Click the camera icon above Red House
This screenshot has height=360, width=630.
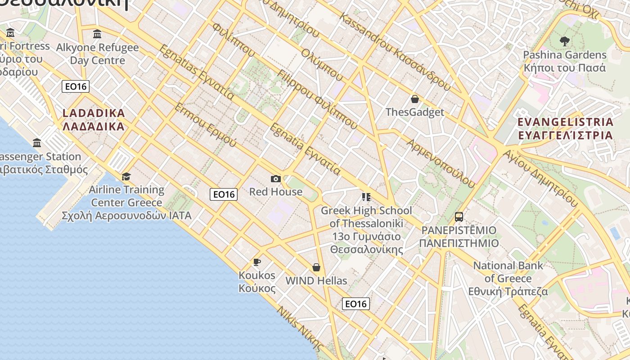pyautogui.click(x=276, y=179)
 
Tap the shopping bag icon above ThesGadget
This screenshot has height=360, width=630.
pyautogui.click(x=415, y=99)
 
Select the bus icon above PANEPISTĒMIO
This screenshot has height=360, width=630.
pyautogui.click(x=459, y=217)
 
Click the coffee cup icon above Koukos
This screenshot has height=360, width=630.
pyautogui.click(x=257, y=262)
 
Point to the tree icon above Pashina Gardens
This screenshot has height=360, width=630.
pyautogui.click(x=564, y=42)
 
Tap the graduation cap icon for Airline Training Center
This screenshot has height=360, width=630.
pyautogui.click(x=126, y=176)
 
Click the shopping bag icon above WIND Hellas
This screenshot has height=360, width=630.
pyautogui.click(x=316, y=267)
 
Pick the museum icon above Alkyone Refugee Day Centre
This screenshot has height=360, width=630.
pyautogui.click(x=97, y=34)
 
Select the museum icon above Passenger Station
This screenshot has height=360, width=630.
pyautogui.click(x=37, y=143)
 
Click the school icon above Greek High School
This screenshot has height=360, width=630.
pyautogui.click(x=366, y=197)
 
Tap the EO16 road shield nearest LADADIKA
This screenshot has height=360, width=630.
pyautogui.click(x=76, y=86)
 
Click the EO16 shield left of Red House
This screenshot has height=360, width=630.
pyautogui.click(x=224, y=194)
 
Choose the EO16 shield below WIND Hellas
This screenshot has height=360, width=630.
pyautogui.click(x=356, y=304)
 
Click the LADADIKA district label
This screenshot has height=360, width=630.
pyautogui.click(x=94, y=120)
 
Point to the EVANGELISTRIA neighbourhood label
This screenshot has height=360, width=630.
pyautogui.click(x=565, y=128)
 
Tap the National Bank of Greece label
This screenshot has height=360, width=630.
pyautogui.click(x=508, y=278)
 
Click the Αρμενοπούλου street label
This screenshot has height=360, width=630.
pyautogui.click(x=441, y=163)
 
